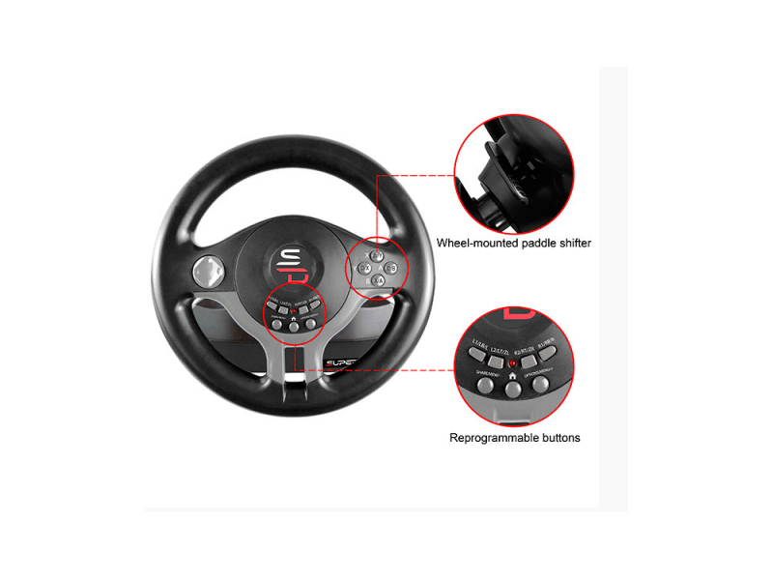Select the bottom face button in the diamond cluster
[378, 280]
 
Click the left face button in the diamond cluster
[364, 268]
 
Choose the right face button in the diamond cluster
[392, 268]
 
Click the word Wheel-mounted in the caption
[477, 243]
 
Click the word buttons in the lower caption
[561, 438]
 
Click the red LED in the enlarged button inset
[512, 364]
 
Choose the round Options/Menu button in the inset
[539, 384]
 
